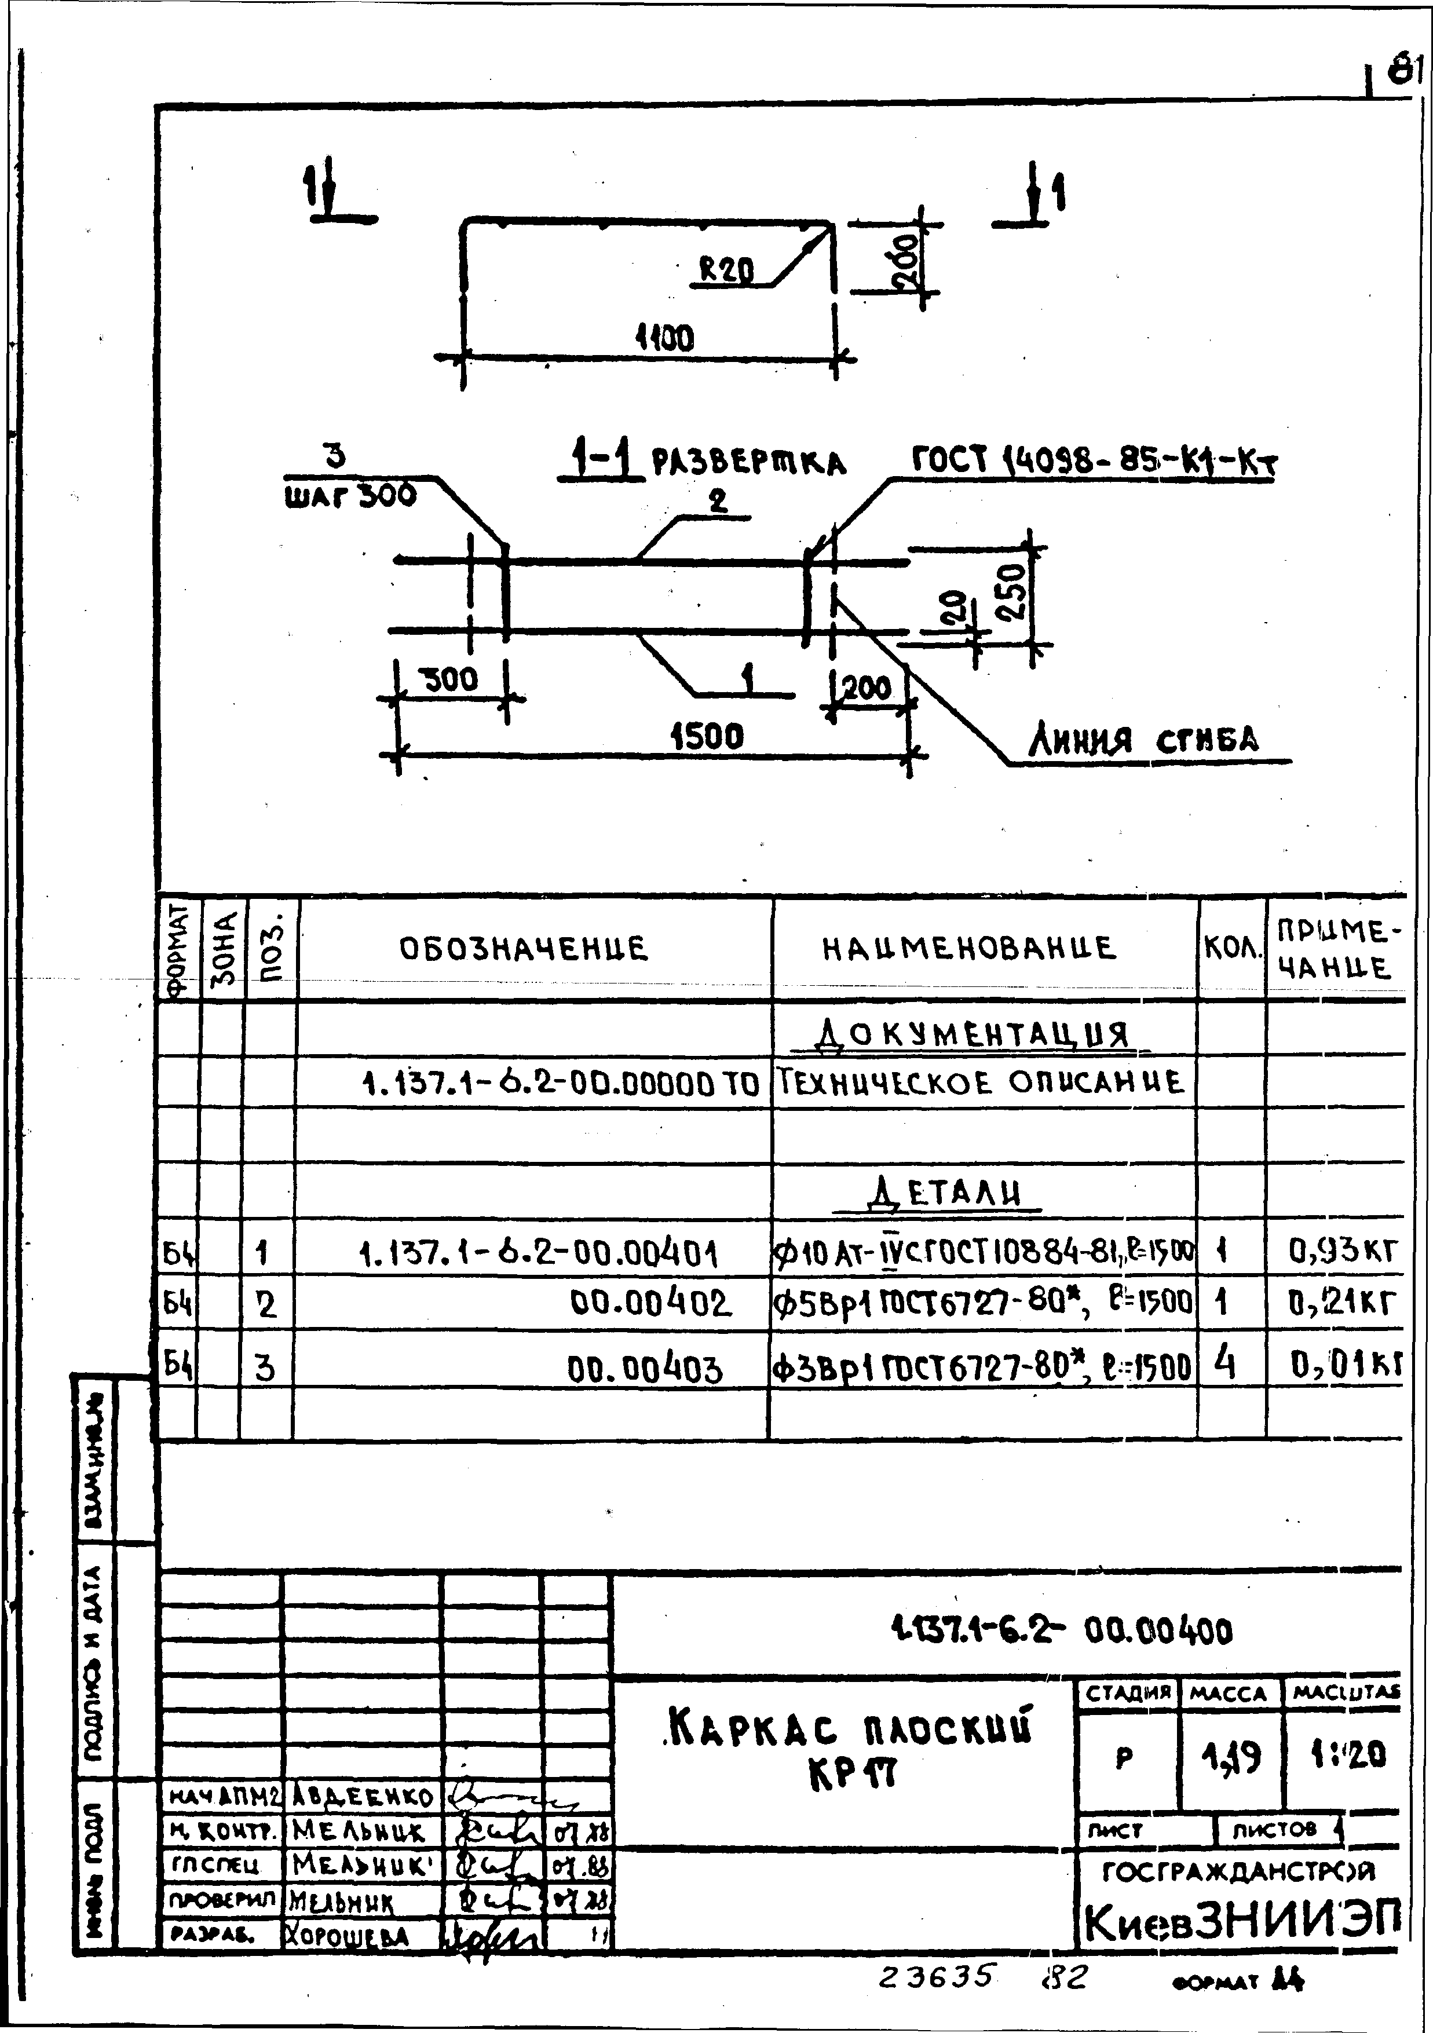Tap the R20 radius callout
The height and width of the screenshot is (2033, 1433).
click(x=726, y=269)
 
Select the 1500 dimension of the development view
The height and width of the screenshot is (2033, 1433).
click(x=706, y=735)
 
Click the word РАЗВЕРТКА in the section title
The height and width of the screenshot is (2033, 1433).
click(x=748, y=464)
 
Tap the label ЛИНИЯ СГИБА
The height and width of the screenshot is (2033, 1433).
click(x=1142, y=740)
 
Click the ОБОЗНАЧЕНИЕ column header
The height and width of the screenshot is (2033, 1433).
click(x=524, y=949)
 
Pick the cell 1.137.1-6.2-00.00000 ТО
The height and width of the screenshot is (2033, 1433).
click(x=561, y=1082)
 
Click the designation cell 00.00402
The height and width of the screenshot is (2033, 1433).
click(x=651, y=1303)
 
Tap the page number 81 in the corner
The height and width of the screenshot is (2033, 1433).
click(x=1404, y=68)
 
